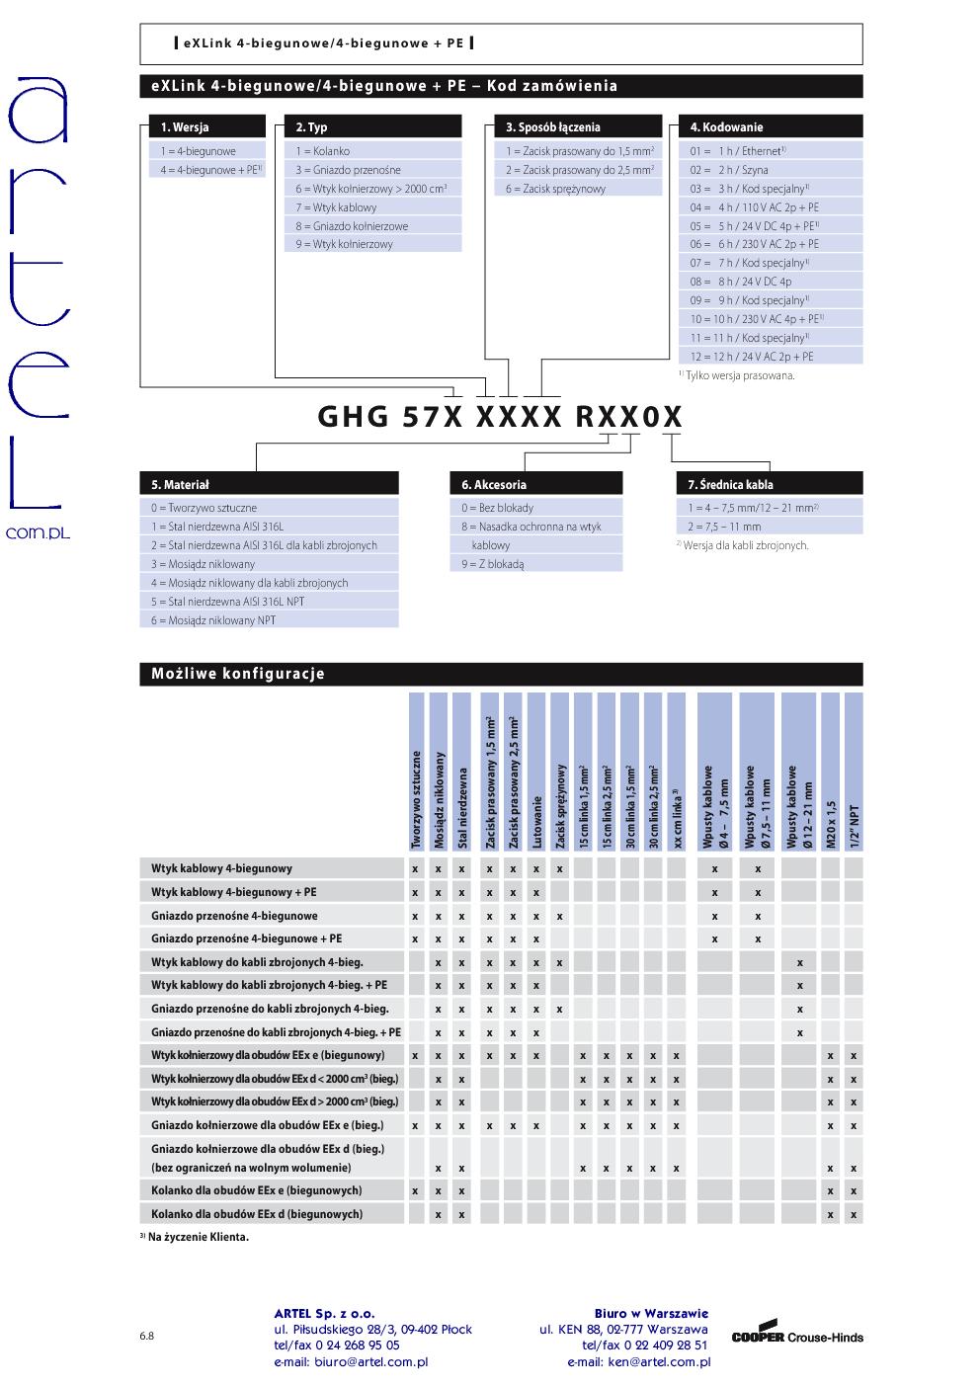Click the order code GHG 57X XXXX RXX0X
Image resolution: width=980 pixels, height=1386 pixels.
coord(500,417)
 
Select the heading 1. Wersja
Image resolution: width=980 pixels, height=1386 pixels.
coord(185,127)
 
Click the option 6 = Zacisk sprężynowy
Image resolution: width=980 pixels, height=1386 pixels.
coord(555,189)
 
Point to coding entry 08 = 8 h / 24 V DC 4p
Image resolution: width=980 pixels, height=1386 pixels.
coord(741,282)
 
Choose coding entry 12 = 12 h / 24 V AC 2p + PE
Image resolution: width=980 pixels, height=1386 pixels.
coord(752,357)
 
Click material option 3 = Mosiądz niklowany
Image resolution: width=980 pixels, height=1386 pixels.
coord(204,564)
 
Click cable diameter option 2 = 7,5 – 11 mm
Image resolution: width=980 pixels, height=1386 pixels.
coord(725,527)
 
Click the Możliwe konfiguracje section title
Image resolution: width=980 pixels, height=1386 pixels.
coord(238,675)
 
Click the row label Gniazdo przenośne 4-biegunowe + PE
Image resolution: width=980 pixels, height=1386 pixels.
coord(247,938)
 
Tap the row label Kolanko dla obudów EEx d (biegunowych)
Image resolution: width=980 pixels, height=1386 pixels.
coord(257,1214)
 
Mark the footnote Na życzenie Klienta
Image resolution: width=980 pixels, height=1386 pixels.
coord(198,1237)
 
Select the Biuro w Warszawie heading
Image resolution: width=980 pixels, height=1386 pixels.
coord(651,1314)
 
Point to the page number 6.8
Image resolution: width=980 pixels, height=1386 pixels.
coord(146,1337)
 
